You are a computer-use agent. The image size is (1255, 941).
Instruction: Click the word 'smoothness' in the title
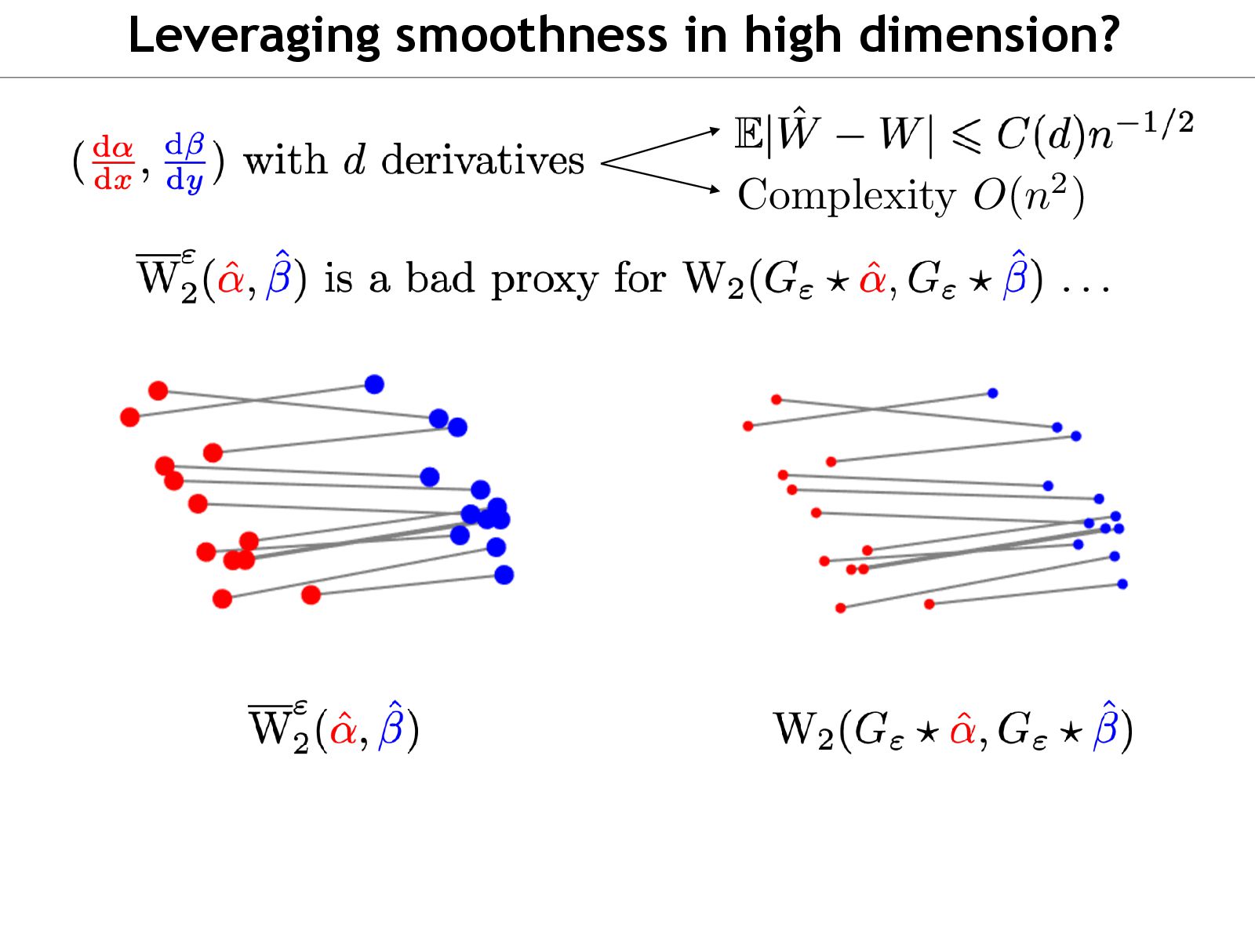point(531,35)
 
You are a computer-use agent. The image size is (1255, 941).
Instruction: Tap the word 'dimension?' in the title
point(989,35)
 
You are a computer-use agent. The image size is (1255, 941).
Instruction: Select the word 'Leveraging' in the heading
point(253,37)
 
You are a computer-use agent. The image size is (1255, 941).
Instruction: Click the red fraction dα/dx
point(113,163)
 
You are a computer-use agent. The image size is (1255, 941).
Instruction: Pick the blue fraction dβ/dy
point(185,163)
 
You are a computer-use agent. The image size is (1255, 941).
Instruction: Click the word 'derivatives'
point(482,161)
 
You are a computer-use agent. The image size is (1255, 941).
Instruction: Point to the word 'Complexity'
point(846,196)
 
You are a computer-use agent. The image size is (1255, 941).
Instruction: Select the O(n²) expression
point(1028,196)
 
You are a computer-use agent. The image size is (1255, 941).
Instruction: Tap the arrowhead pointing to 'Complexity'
point(714,189)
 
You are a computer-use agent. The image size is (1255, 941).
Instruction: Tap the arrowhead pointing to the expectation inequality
point(714,129)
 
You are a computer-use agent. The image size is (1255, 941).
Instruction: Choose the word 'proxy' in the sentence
point(544,281)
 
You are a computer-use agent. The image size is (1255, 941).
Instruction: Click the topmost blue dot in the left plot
point(374,384)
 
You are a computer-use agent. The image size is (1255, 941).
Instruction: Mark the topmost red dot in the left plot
point(158,391)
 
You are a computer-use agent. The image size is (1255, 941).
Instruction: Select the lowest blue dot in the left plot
point(504,576)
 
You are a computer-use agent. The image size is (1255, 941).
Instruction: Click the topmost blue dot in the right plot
point(992,393)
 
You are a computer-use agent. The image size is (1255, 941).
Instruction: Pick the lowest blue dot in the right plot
point(1122,584)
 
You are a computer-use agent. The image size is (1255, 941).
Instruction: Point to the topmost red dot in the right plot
point(776,400)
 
